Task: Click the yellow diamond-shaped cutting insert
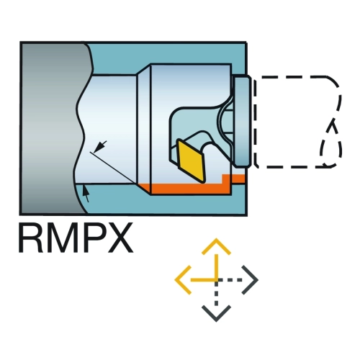pyautogui.click(x=192, y=161)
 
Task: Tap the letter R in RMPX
pyautogui.click(x=31, y=238)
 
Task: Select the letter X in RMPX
pyautogui.click(x=120, y=238)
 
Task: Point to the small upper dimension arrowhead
pyautogui.click(x=100, y=146)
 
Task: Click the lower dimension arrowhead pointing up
pyautogui.click(x=86, y=192)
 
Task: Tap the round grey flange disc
pyautogui.click(x=243, y=122)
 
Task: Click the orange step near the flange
pyautogui.click(x=234, y=179)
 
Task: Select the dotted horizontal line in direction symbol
pyautogui.click(x=230, y=280)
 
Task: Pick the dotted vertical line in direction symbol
pyautogui.click(x=217, y=294)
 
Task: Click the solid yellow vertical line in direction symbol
pyautogui.click(x=217, y=267)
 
